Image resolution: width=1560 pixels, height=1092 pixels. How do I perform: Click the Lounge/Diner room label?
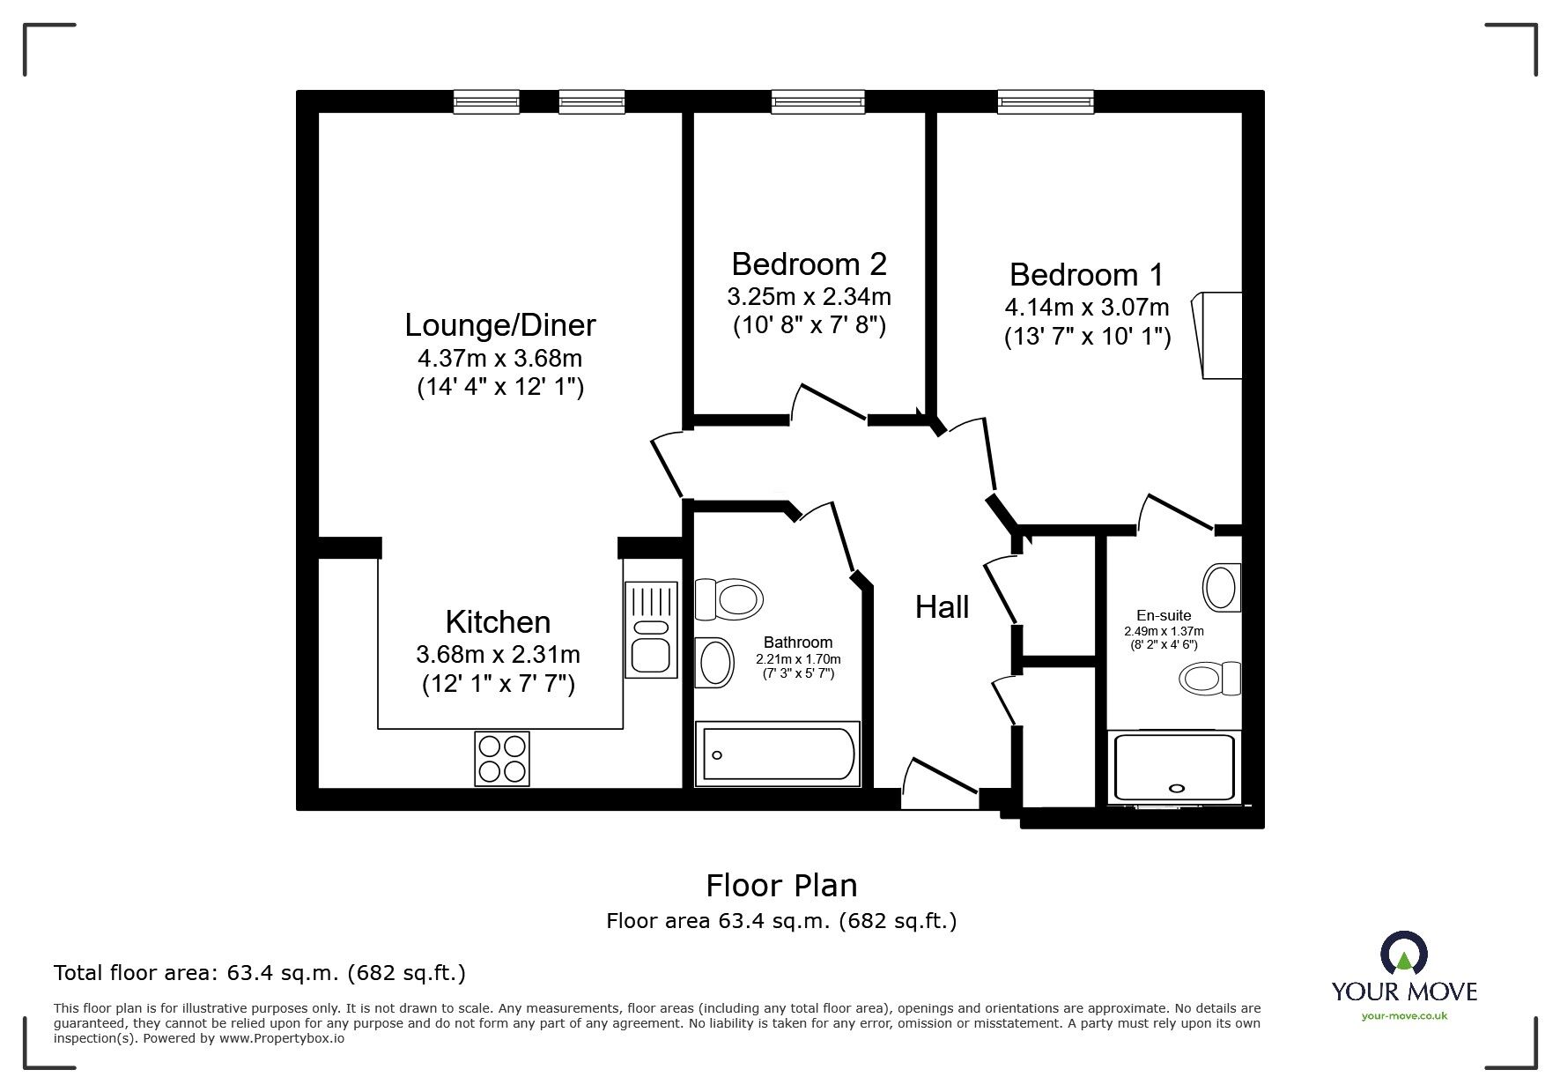click(x=499, y=325)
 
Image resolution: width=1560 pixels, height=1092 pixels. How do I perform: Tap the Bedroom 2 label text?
click(x=809, y=264)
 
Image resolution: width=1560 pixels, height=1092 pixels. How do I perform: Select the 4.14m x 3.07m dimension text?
click(x=1087, y=308)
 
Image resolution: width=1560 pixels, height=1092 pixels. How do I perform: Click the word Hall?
click(x=942, y=607)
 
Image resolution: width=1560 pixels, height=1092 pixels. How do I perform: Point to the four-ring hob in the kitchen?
click(x=502, y=759)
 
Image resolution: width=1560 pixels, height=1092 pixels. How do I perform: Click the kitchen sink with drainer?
click(x=651, y=629)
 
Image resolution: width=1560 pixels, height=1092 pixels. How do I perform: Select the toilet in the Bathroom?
click(x=728, y=599)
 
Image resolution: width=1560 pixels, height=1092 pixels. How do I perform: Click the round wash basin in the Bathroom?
click(x=714, y=662)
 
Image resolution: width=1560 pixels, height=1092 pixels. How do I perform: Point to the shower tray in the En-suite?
click(x=1174, y=767)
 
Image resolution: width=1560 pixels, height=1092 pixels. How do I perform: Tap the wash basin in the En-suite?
click(x=1221, y=587)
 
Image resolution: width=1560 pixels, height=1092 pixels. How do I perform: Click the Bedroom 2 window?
click(x=817, y=102)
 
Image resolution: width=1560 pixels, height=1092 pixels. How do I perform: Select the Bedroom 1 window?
click(x=1046, y=102)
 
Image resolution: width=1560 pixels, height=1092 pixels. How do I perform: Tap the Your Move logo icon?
click(x=1403, y=954)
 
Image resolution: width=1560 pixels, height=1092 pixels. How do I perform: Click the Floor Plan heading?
click(x=781, y=885)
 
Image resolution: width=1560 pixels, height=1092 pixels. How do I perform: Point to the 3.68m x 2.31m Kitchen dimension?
click(x=498, y=654)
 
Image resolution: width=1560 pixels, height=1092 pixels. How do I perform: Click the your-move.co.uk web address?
click(x=1404, y=1015)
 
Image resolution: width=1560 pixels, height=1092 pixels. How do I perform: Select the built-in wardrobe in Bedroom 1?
click(x=1219, y=336)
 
